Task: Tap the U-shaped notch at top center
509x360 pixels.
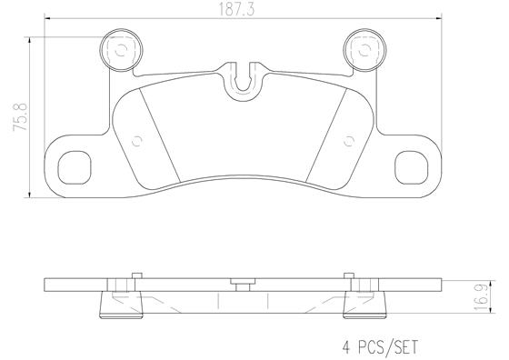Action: pos(243,80)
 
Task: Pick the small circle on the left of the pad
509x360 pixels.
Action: pos(137,140)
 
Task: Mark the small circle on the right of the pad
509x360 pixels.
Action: pos(350,140)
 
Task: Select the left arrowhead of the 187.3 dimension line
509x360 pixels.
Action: pos(49,20)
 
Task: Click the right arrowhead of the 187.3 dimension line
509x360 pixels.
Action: pos(438,20)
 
